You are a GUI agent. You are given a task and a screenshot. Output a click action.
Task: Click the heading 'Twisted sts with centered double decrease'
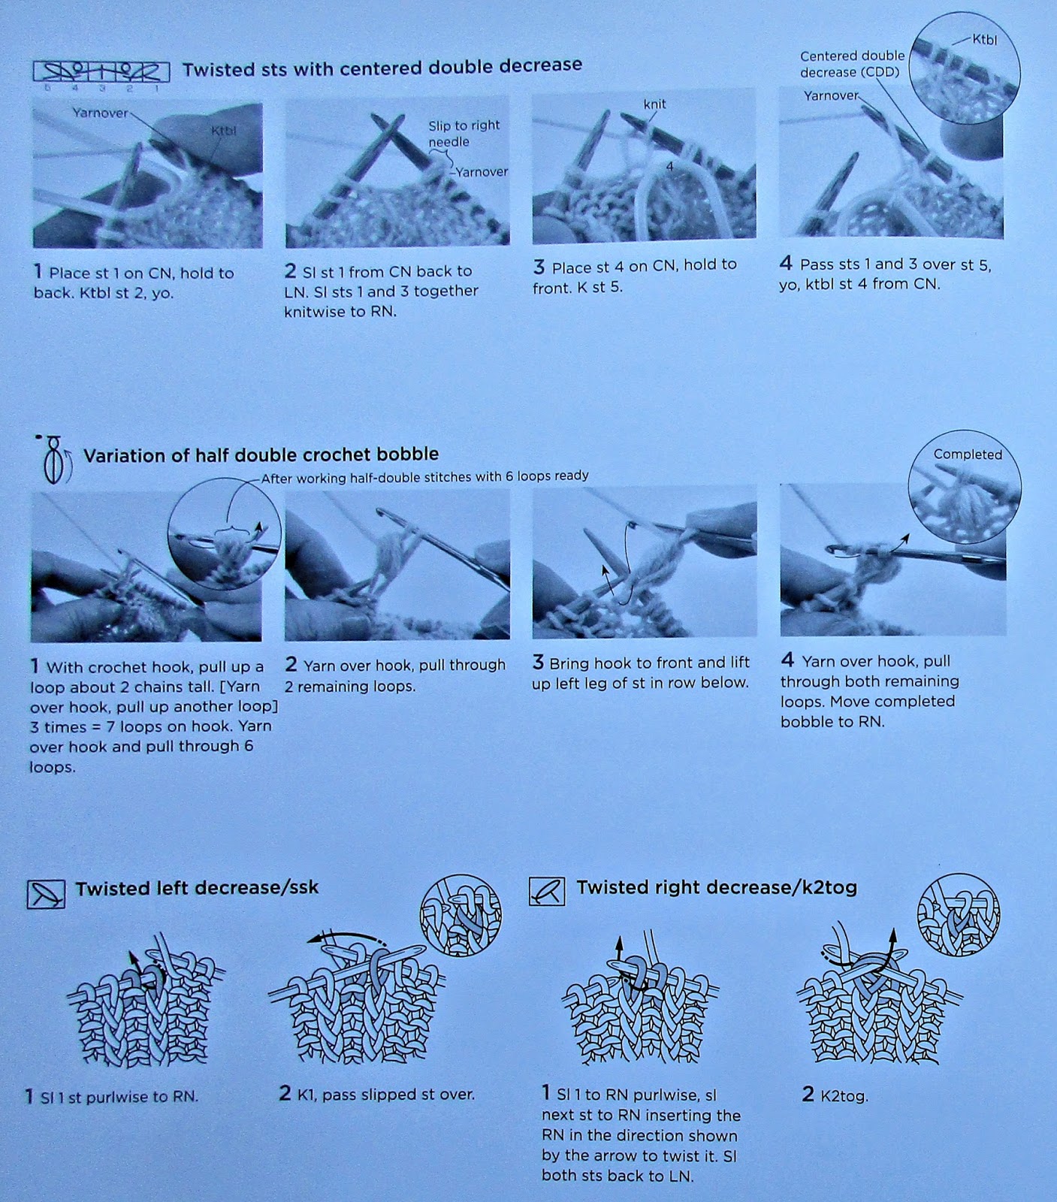click(382, 67)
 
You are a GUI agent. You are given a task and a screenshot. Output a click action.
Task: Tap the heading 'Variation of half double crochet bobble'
click(261, 455)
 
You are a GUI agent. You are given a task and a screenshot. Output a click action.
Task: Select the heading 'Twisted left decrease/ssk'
click(197, 888)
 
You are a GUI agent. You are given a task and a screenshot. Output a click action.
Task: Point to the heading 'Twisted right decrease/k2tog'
click(717, 887)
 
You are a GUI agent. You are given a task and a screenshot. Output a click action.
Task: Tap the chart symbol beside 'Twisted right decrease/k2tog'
click(547, 891)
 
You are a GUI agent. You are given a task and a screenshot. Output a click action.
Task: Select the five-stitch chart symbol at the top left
click(101, 71)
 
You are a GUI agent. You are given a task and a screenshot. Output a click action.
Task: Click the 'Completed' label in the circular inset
click(968, 455)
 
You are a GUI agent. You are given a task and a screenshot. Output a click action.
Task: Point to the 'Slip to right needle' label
click(464, 134)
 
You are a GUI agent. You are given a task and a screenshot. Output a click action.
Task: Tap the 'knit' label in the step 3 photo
click(654, 104)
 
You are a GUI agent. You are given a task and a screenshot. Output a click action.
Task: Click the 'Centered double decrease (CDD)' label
click(852, 64)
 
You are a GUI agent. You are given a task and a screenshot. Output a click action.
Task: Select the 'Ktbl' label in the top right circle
click(984, 40)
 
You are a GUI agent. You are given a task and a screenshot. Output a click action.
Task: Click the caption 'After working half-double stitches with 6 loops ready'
click(424, 476)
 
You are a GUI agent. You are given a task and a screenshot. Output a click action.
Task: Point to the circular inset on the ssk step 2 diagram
click(461, 914)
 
